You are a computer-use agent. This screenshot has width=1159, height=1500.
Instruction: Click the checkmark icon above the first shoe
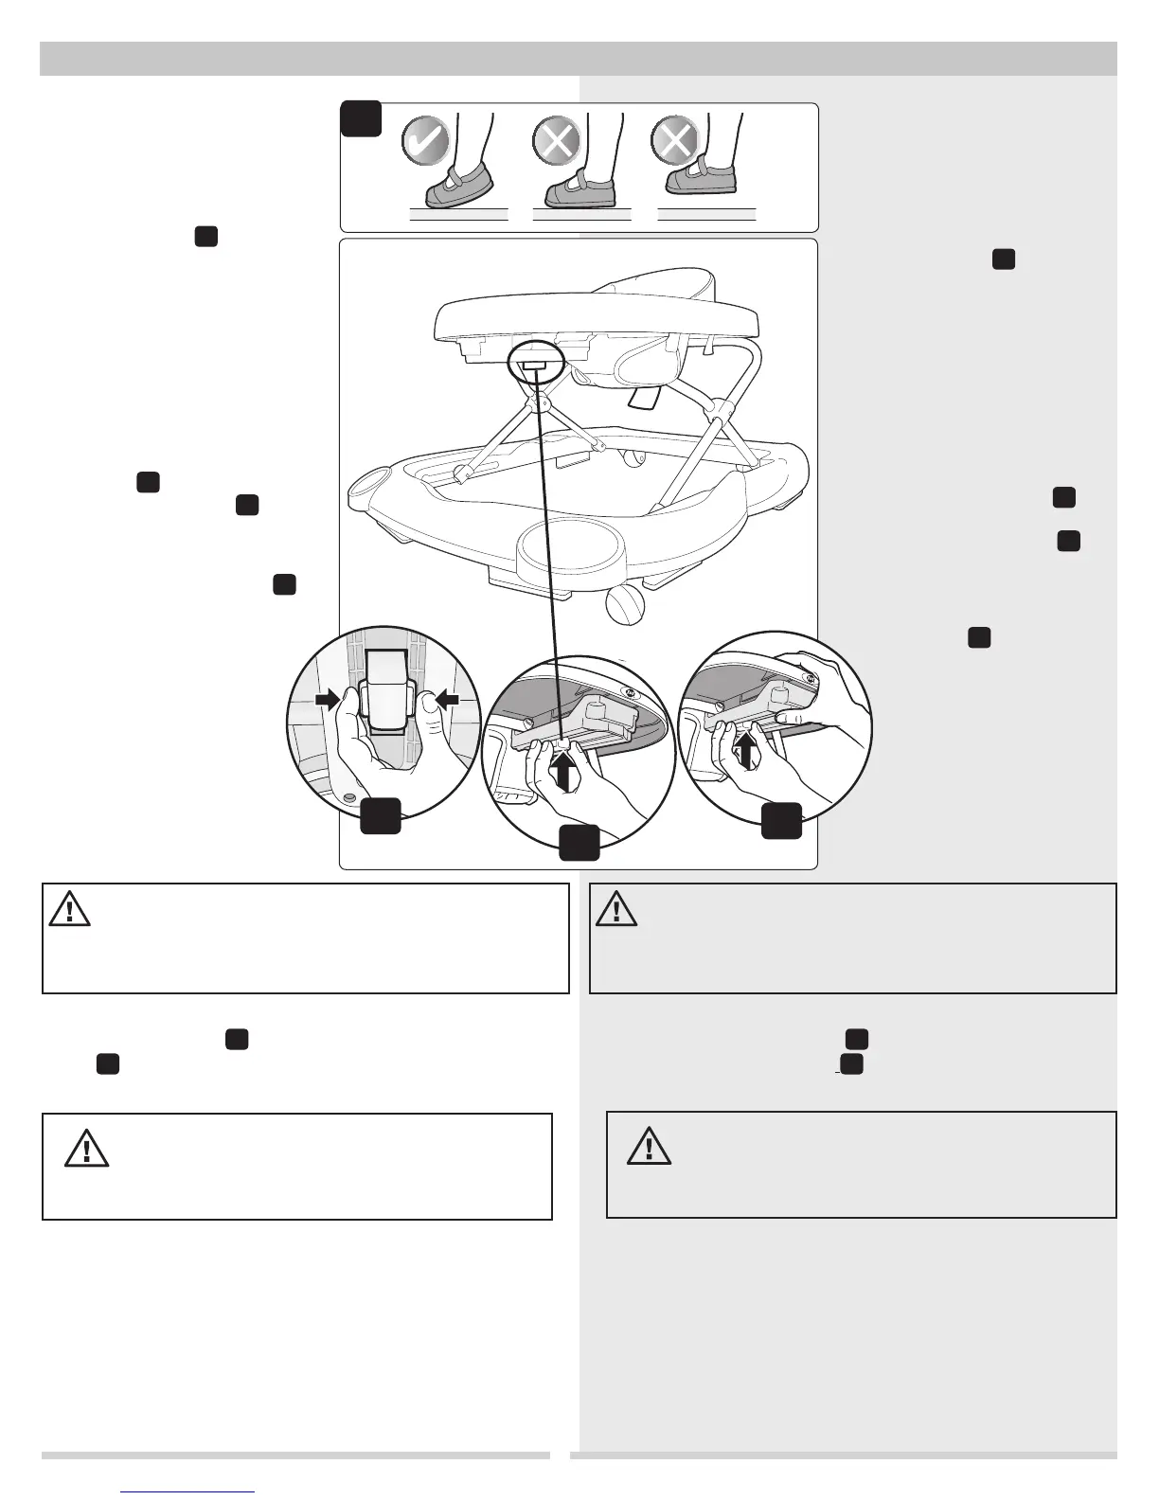(425, 142)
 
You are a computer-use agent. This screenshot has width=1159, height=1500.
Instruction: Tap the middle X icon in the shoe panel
(556, 142)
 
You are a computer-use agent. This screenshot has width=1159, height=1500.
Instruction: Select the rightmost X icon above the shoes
(675, 142)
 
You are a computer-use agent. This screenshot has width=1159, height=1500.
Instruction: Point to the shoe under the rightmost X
(702, 178)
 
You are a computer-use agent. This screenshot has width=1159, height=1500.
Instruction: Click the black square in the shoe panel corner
(361, 118)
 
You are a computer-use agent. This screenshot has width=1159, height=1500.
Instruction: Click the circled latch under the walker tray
(535, 361)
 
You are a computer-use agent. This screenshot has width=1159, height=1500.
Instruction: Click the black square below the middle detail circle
(579, 842)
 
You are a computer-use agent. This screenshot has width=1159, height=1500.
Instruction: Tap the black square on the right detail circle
(782, 821)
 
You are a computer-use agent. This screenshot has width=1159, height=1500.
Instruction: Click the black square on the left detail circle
(380, 815)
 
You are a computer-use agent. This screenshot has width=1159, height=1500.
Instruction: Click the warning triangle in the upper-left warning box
(70, 910)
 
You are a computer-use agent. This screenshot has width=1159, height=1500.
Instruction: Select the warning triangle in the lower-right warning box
(649, 1146)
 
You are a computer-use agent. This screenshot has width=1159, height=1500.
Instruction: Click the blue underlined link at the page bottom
(188, 1491)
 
